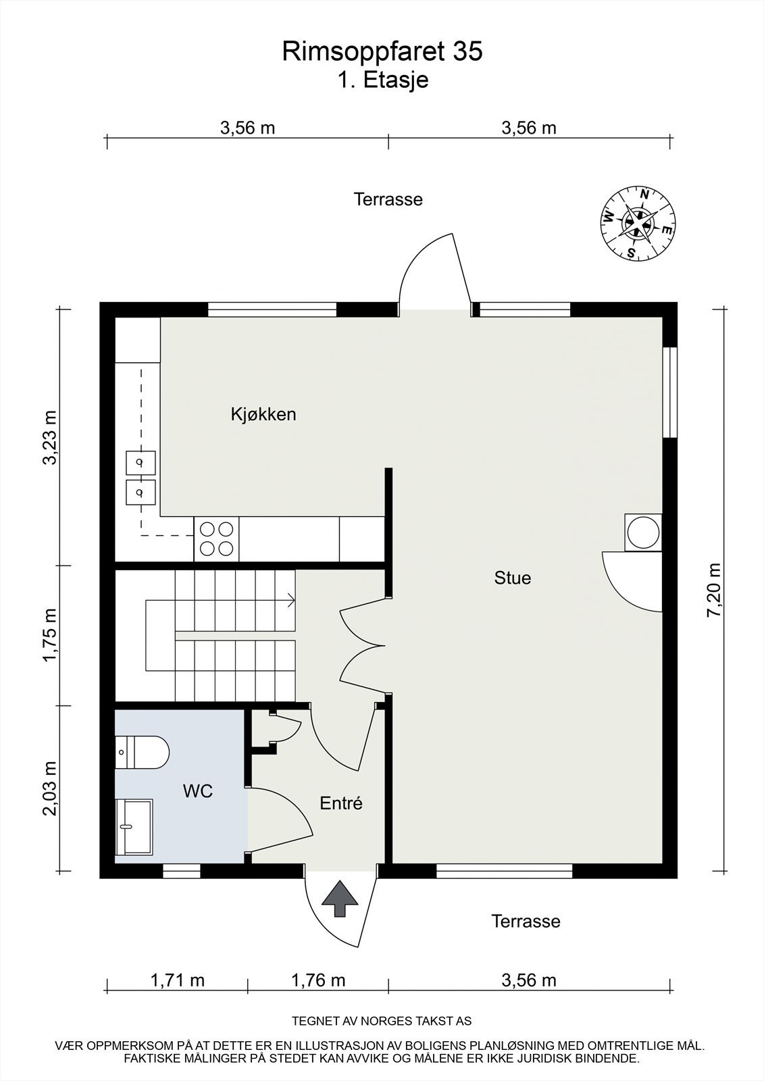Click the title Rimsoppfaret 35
coord(382,51)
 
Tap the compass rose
coord(638,223)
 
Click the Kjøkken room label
coord(263,414)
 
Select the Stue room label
coord(513,578)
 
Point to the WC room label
coord(198,790)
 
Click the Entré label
coord(341,803)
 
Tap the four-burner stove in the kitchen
coord(217,539)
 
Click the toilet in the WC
coord(142,752)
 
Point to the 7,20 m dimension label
coord(714,588)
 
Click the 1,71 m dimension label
coord(177,980)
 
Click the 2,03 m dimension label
coord(49,788)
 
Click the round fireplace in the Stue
coord(642,532)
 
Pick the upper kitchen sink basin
coord(141,464)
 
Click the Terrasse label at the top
coord(388,199)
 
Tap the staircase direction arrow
coord(290,599)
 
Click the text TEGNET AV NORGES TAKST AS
coord(382,1021)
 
